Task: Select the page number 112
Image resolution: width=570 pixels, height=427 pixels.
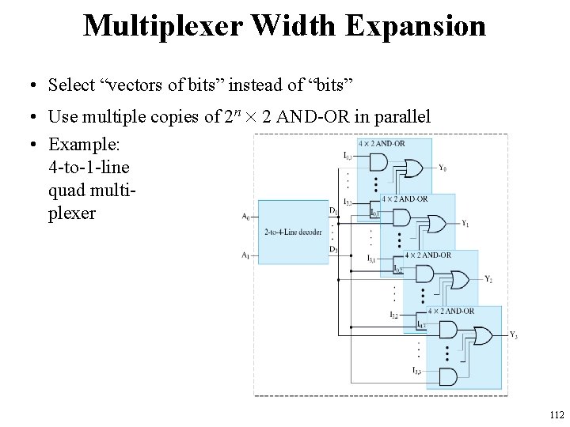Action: pos(556,414)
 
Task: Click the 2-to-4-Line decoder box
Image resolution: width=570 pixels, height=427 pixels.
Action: pos(293,232)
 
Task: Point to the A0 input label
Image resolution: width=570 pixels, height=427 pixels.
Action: pos(245,216)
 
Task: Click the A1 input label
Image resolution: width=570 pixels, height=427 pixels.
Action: pos(245,255)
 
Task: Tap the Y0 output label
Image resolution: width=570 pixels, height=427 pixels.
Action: pos(442,168)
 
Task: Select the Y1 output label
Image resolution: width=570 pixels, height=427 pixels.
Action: pos(465,223)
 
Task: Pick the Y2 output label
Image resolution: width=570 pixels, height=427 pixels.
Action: pos(488,279)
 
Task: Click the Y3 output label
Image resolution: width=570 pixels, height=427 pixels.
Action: pos(513,334)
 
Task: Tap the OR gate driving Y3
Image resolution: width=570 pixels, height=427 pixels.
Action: pos(481,334)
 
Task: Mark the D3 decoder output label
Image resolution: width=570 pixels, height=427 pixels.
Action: pos(333,249)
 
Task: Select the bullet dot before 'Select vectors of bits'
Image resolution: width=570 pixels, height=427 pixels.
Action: pos(28,85)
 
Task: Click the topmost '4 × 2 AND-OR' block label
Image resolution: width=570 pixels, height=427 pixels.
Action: pos(382,143)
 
